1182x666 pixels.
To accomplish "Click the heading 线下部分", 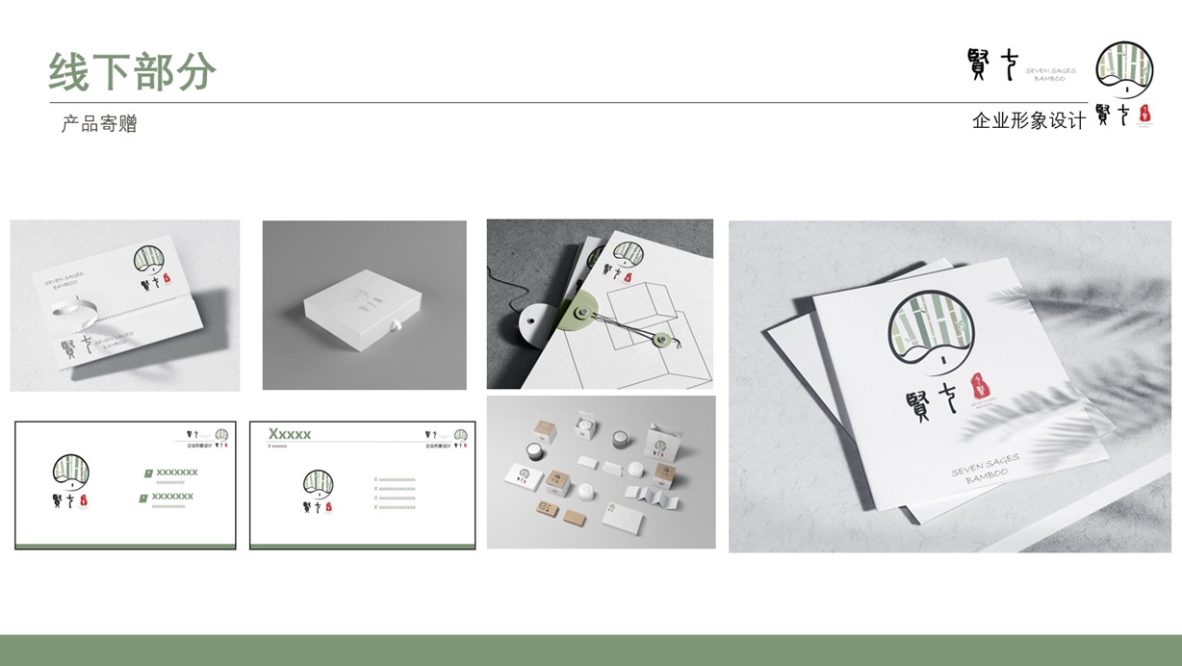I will coord(133,71).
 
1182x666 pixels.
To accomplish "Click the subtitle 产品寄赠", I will coord(99,124).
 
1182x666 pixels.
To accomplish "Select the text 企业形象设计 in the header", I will coord(1028,121).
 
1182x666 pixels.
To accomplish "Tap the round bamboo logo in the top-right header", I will coord(1124,69).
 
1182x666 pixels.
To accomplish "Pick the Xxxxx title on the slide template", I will coord(290,434).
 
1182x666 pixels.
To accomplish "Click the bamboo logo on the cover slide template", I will coord(71,472).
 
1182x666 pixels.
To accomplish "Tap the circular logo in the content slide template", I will coord(318,482).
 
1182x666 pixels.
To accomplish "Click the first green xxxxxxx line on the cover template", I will coord(176,472).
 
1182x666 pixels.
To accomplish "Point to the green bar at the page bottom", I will coord(591,650).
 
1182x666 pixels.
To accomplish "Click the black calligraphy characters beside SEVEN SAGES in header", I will coord(991,64).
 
